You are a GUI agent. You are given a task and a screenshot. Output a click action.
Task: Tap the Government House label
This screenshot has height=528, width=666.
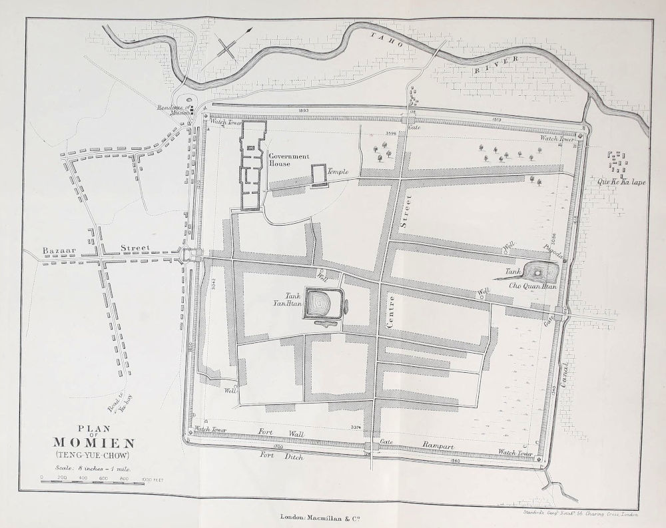pyautogui.click(x=289, y=160)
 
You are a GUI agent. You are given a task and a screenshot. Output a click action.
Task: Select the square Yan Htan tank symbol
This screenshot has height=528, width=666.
pyautogui.click(x=322, y=304)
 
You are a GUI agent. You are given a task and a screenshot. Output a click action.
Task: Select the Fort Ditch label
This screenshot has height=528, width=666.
pyautogui.click(x=282, y=457)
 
